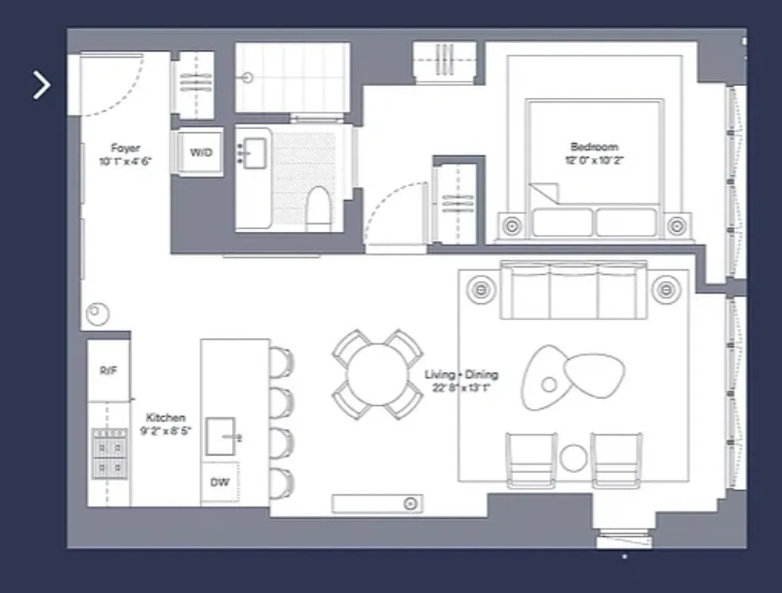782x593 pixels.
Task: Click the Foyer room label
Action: [125, 148]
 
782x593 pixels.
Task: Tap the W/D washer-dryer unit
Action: [200, 153]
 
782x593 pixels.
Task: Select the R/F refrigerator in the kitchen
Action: [108, 370]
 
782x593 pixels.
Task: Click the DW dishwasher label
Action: [219, 483]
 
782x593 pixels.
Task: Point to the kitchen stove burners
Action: [108, 454]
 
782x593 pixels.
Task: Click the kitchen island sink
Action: [221, 437]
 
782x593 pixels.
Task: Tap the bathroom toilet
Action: [318, 208]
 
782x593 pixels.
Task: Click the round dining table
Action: [378, 374]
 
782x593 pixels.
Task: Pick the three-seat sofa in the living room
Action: [573, 290]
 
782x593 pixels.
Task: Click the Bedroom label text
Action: [594, 147]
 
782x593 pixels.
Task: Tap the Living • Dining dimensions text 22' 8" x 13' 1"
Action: [461, 387]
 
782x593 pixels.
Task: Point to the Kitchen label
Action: [165, 418]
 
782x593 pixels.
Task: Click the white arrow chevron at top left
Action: [42, 85]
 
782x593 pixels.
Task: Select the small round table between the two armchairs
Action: [573, 457]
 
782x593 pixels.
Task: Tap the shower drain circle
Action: [248, 77]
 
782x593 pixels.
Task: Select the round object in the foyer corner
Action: [97, 314]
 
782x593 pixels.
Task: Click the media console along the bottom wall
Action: [377, 504]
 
